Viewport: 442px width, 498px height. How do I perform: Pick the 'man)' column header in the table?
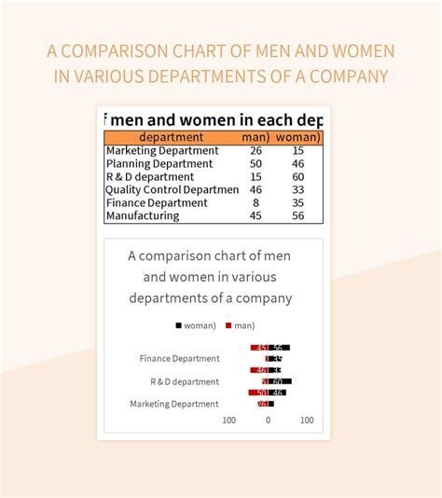coord(256,137)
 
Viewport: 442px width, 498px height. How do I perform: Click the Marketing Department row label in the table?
coord(162,150)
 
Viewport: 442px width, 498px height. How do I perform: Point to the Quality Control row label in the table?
coord(173,189)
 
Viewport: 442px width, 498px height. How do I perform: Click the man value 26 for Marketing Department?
coord(256,150)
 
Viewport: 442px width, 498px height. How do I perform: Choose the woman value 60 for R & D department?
coord(297,176)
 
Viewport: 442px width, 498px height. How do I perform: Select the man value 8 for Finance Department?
coord(256,202)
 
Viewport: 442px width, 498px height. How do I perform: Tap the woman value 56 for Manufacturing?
coord(297,215)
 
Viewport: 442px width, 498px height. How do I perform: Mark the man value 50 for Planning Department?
coord(256,163)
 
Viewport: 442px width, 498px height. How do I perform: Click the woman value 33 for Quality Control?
coord(297,189)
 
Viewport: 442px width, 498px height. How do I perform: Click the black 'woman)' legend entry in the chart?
coord(196,325)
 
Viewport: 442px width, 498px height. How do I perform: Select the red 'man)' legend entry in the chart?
coord(240,325)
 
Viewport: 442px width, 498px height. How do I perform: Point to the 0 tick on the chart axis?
coord(268,421)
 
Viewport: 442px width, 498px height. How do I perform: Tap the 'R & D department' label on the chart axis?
coord(185,381)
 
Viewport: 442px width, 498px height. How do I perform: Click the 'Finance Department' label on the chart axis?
coord(180,358)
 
